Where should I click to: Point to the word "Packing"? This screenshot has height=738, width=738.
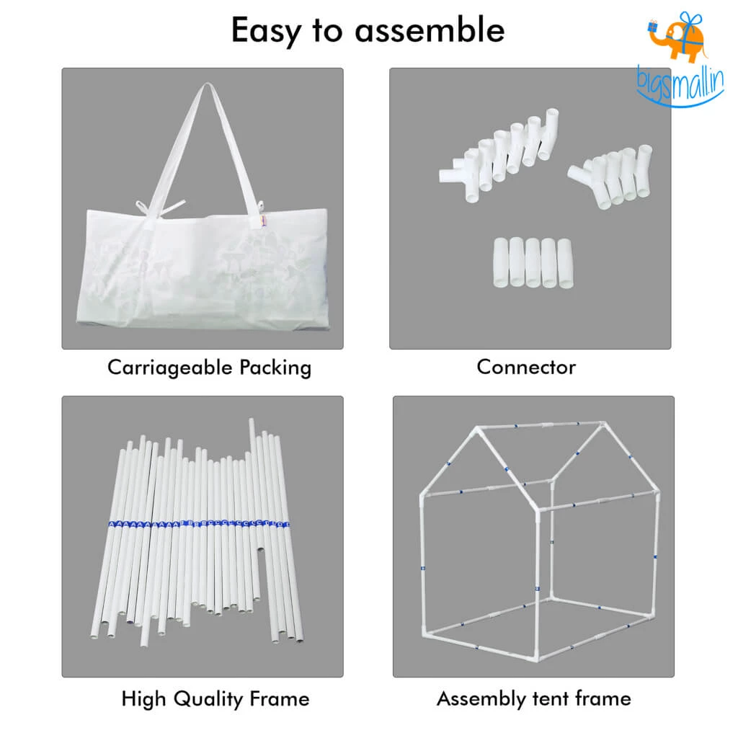point(276,368)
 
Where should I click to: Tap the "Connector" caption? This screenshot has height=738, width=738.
point(526,367)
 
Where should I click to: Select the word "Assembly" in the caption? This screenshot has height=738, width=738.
point(475,698)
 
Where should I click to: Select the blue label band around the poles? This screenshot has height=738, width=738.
point(199,524)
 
